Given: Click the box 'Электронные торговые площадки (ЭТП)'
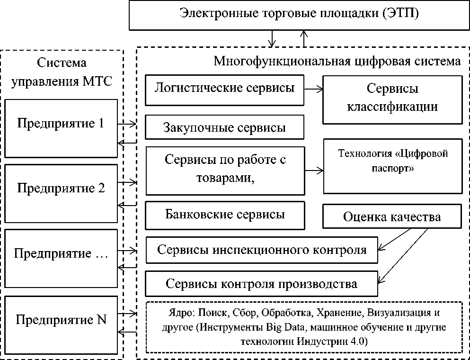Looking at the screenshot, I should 300,14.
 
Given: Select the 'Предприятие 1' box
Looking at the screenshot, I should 60,128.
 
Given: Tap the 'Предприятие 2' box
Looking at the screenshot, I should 60,192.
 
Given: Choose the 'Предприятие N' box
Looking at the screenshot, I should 60,324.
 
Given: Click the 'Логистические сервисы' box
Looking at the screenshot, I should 224,90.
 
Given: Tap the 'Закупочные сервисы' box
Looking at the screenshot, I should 224,127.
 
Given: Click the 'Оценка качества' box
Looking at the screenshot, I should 391,216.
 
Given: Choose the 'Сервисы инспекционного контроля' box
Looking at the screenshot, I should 262,250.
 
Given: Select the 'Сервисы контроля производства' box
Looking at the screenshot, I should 261,284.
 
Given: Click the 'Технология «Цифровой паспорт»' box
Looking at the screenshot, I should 392,166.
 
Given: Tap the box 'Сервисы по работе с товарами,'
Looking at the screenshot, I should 224,171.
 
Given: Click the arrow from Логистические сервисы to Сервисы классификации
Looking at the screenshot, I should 313,88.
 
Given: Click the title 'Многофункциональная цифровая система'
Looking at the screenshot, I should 337,62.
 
